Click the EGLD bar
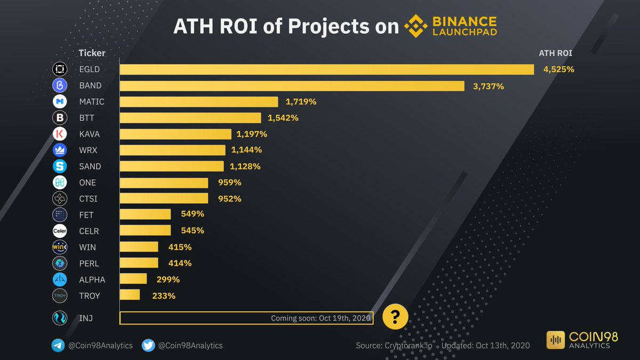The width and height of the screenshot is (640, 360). click(x=326, y=69)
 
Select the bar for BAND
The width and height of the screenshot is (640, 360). click(x=292, y=85)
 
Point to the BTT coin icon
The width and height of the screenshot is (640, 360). click(x=59, y=118)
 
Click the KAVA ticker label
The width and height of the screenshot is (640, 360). click(x=89, y=134)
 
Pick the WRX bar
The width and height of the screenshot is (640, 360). click(x=172, y=150)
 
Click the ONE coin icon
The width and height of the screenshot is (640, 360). click(x=59, y=182)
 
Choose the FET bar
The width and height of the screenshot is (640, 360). click(x=145, y=214)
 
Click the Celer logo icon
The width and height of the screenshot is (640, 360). click(x=59, y=231)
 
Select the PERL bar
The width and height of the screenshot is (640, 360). click(x=139, y=263)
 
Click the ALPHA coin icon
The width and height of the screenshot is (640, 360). click(x=59, y=279)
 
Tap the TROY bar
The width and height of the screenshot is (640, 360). click(x=130, y=295)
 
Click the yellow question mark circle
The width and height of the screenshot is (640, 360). click(x=395, y=318)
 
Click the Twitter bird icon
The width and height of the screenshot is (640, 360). click(x=148, y=345)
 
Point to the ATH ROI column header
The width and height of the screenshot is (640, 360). click(x=556, y=53)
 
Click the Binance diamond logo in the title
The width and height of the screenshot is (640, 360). click(x=417, y=27)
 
